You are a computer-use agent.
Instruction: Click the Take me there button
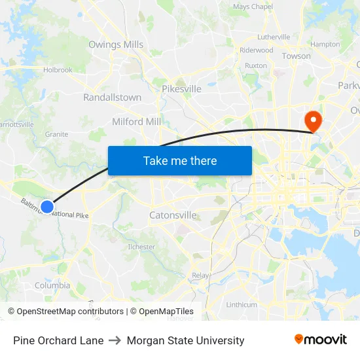click(x=180, y=160)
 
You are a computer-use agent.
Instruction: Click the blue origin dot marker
click(x=47, y=207)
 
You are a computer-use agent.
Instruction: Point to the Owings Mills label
click(x=116, y=45)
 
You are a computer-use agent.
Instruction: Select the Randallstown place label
click(x=112, y=98)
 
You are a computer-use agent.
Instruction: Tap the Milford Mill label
click(x=136, y=122)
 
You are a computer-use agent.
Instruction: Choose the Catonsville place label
click(x=173, y=215)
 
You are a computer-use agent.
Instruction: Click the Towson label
click(x=296, y=56)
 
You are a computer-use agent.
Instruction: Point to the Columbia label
click(x=52, y=285)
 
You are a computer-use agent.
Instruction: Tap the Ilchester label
click(x=141, y=247)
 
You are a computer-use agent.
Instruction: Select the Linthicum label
click(x=241, y=305)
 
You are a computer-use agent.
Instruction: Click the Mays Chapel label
click(x=253, y=7)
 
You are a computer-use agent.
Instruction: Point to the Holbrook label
click(x=58, y=69)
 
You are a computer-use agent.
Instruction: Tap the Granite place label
click(x=56, y=134)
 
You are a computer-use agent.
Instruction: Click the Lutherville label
click(x=274, y=37)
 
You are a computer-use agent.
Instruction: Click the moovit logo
click(x=321, y=340)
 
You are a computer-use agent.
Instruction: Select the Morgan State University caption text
click(x=185, y=340)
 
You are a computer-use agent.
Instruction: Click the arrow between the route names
click(x=115, y=340)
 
